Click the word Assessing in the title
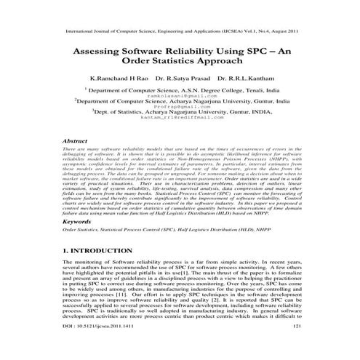tap(105, 53)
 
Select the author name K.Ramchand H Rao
tap(121, 77)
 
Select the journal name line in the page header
tap(180, 32)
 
